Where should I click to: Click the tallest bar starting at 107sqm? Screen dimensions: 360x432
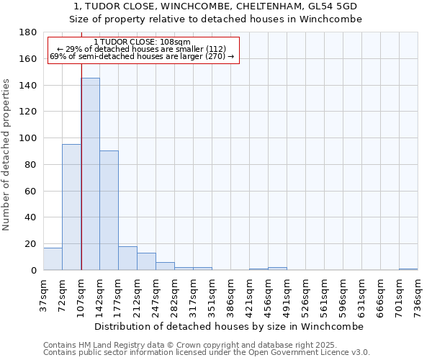pos(90,174)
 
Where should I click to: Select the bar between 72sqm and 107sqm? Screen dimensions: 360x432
pos(71,207)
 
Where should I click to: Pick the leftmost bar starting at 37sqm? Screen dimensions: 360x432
pos(53,258)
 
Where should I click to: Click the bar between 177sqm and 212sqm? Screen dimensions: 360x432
pos(127,258)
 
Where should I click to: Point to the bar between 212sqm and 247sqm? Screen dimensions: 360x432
pos(146,261)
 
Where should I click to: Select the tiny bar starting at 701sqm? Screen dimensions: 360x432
pos(408,269)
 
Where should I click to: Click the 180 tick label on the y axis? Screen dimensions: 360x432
pos(29,32)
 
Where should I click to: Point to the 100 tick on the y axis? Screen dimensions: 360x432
pos(29,138)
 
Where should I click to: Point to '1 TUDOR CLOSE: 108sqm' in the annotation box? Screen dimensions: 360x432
pos(142,42)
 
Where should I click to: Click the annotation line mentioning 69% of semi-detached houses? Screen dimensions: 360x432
pos(142,56)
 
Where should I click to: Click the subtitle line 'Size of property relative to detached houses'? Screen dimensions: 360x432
pos(215,19)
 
